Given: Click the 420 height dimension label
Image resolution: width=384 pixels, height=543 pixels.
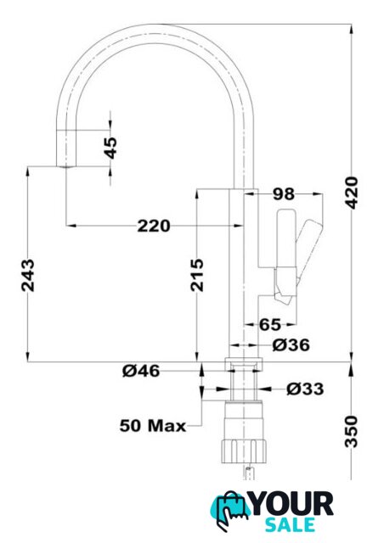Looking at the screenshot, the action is [352, 193].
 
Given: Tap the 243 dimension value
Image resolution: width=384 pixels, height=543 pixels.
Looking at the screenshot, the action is [28, 275].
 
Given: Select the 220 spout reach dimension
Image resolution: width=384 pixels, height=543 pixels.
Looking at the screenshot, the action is [154, 227].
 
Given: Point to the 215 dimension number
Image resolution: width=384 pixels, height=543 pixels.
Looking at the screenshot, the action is [197, 275].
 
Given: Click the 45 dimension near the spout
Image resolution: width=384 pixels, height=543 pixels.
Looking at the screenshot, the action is [110, 148].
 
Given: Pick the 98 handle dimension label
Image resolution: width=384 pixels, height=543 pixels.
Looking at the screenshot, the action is [284, 194].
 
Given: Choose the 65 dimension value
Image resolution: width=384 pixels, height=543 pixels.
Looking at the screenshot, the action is [270, 324].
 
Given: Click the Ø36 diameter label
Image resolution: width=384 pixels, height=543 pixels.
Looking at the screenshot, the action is [291, 345].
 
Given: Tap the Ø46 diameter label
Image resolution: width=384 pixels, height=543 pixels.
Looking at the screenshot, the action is [141, 371].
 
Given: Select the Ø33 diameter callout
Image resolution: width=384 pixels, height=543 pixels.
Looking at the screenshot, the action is [305, 389].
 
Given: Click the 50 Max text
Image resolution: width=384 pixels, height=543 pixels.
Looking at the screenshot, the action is [153, 426].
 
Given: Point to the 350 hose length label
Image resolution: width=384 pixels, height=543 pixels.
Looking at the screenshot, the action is [352, 432].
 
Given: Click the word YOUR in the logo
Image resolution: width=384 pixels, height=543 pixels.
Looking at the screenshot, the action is [292, 504].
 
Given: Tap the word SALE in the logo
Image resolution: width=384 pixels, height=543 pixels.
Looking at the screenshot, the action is [290, 525].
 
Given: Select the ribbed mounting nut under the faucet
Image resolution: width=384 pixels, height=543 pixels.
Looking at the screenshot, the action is [244, 451].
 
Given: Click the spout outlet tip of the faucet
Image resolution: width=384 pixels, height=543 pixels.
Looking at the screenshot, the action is [65, 166].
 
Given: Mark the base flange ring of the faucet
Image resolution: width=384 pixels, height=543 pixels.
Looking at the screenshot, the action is [244, 363].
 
